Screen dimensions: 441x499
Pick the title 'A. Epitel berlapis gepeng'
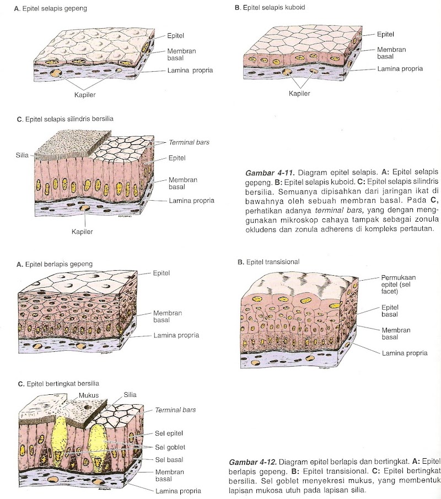(55, 264)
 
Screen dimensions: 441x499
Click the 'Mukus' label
(88, 395)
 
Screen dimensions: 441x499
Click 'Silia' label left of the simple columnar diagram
(22, 155)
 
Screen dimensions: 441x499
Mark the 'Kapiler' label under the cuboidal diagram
(299, 93)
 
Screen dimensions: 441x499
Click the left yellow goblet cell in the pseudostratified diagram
(60, 436)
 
